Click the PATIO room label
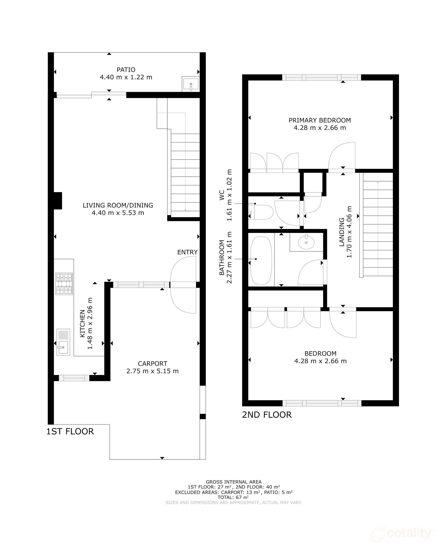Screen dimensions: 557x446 tap(126, 70)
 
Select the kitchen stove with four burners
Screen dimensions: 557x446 tap(64, 284)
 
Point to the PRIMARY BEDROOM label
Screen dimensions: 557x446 tap(320, 120)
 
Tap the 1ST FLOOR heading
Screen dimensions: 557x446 tap(70, 431)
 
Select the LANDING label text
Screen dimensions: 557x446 tap(342, 232)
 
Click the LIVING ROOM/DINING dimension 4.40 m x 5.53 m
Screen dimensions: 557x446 tap(118, 213)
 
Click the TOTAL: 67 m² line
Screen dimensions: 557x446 tap(233, 497)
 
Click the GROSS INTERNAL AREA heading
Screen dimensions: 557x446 tap(233, 482)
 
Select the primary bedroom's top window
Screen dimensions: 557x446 tap(321, 77)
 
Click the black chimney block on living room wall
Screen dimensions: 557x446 tap(58, 201)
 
